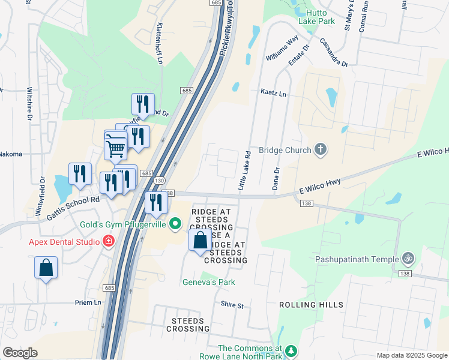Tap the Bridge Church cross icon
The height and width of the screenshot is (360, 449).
click(321, 150)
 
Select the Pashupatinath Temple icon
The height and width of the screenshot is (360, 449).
click(408, 259)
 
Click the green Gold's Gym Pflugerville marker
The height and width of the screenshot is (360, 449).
click(175, 225)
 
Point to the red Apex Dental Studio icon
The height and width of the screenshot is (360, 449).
click(109, 242)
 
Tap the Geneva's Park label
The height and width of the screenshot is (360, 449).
click(209, 282)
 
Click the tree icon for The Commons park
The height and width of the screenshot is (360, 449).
click(291, 350)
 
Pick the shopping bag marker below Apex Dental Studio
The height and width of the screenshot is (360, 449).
click(46, 268)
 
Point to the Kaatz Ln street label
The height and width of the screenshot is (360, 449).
click(273, 94)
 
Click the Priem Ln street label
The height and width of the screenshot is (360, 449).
click(89, 302)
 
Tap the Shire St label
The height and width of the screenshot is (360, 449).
click(232, 305)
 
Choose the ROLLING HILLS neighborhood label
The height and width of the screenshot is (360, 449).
click(306, 305)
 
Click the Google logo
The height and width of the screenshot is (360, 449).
click(20, 353)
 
